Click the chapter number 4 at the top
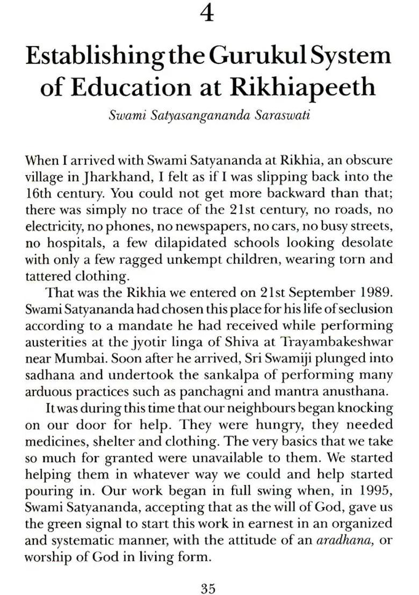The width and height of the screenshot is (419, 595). [x=207, y=13]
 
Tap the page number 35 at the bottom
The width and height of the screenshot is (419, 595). [x=208, y=574]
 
